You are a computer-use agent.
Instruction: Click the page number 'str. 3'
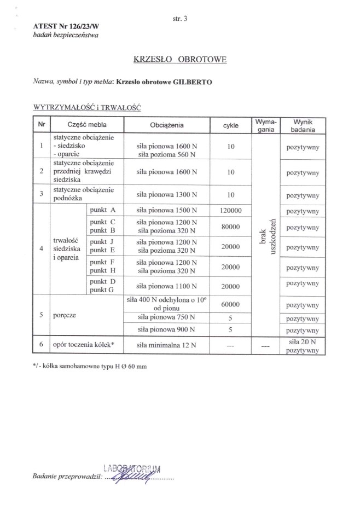179,18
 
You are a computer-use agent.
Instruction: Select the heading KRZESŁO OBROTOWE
179,59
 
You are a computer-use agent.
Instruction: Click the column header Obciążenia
167,125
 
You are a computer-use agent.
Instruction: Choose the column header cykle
230,125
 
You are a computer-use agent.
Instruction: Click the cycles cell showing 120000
230,210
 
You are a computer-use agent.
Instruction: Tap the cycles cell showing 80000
230,226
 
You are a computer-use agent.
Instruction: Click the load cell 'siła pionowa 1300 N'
167,194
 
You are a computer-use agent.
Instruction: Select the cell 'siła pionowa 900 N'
167,330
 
